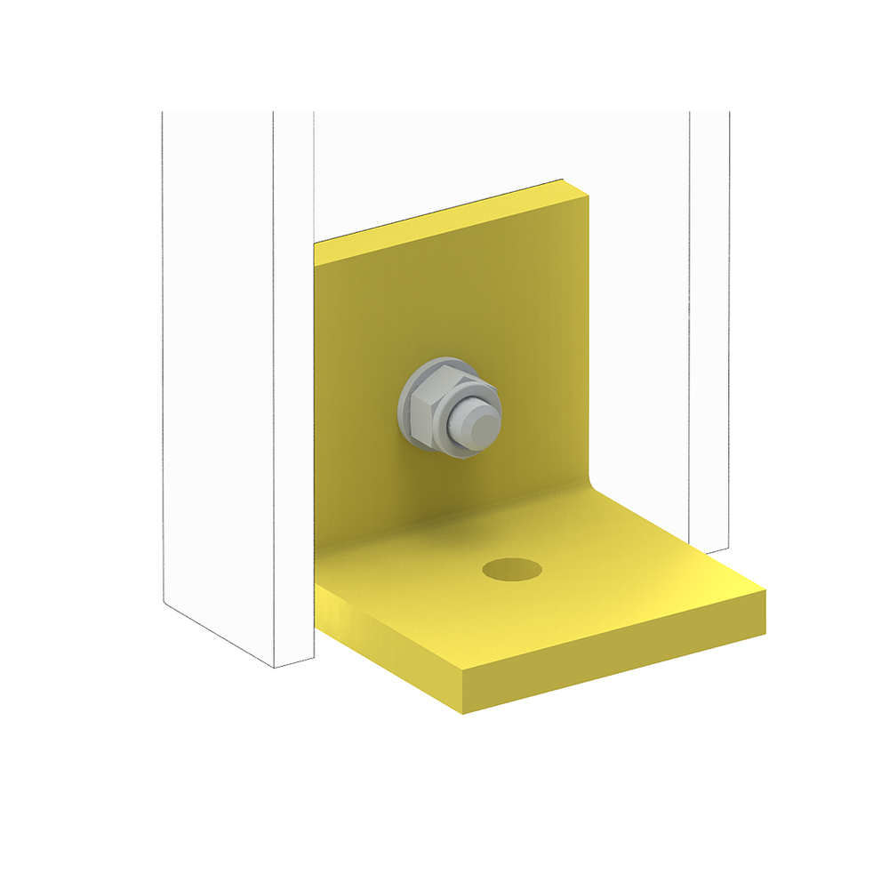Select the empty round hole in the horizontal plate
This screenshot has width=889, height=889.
point(512,570)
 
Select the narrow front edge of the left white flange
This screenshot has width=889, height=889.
point(293,373)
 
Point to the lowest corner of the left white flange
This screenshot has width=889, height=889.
point(275,668)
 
